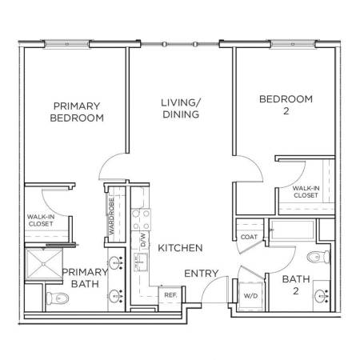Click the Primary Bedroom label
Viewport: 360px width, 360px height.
click(77, 112)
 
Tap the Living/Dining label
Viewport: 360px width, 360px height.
click(181, 109)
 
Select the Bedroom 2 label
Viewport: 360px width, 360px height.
click(286, 105)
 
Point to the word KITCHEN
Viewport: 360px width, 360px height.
click(180, 248)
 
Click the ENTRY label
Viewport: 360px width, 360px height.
click(202, 274)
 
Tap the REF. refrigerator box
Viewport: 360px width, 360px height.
click(170, 295)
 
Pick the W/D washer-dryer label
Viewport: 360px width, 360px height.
click(251, 296)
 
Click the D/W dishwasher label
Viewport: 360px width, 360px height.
click(143, 240)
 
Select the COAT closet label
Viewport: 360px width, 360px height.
click(249, 237)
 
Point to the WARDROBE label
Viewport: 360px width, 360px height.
click(111, 216)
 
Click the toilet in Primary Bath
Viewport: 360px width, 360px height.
click(58, 298)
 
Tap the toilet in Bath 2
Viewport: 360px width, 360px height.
click(318, 257)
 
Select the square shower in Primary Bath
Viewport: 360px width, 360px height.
click(44, 264)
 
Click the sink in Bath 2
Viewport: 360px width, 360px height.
click(321, 296)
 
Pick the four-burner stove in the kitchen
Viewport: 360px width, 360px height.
click(141, 220)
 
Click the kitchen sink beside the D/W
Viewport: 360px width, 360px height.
click(141, 262)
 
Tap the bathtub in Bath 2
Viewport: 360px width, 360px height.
click(292, 230)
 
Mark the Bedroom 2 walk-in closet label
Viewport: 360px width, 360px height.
click(306, 192)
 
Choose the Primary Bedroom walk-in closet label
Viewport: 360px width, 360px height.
click(41, 220)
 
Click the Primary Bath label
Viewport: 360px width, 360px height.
click(85, 278)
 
